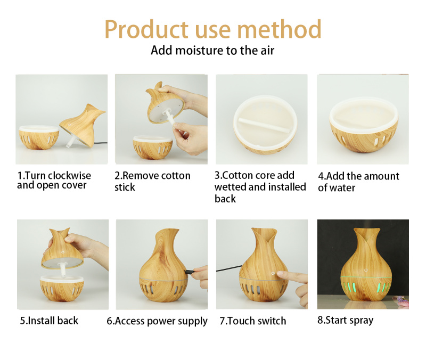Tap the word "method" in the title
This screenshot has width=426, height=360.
[280, 29]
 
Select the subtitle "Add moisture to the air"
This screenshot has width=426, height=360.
[212, 51]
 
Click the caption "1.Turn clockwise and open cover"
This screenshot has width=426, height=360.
[54, 180]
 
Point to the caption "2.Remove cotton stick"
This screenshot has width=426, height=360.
[152, 181]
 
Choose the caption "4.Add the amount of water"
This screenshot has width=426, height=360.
[358, 182]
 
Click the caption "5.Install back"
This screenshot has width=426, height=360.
[49, 321]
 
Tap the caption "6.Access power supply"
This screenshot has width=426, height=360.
[157, 321]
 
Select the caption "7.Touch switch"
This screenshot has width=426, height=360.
[253, 321]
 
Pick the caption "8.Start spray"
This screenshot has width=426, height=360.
[346, 321]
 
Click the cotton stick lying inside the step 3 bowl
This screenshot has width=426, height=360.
[264, 125]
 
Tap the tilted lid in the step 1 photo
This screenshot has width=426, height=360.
[83, 125]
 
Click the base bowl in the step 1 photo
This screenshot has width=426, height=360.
[39, 137]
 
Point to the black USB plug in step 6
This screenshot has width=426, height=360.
[189, 272]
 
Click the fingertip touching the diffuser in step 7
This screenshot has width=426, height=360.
[280, 274]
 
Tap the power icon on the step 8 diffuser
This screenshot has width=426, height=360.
[366, 270]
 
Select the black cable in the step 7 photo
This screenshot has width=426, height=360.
[229, 268]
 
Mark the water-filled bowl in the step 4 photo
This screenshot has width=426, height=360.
[364, 124]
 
